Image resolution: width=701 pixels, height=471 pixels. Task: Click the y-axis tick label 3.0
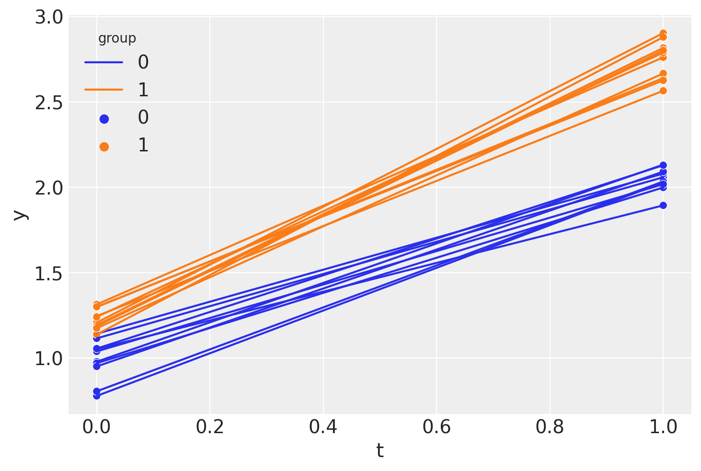[x=48, y=18]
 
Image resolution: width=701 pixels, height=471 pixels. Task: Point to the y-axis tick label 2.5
[x=48, y=103]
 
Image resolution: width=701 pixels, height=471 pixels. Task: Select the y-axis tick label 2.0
[x=48, y=188]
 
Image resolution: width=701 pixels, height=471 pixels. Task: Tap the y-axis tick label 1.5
[x=48, y=273]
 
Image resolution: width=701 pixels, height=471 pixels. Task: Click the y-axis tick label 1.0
[x=48, y=358]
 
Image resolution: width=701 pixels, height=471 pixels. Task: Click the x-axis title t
[x=379, y=451]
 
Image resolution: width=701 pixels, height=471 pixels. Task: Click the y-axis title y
[x=20, y=215]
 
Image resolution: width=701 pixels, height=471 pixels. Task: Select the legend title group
[x=117, y=38]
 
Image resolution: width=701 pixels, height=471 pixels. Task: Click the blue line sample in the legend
[x=104, y=62]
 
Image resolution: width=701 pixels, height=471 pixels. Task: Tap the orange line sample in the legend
[x=104, y=90]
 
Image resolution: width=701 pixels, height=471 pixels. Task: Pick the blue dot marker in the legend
[x=104, y=119]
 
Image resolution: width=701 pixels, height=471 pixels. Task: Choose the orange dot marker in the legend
[x=104, y=146]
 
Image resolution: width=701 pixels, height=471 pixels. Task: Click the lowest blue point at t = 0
[x=96, y=395]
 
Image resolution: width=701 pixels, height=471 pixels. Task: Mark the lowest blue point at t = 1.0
[x=663, y=206]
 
